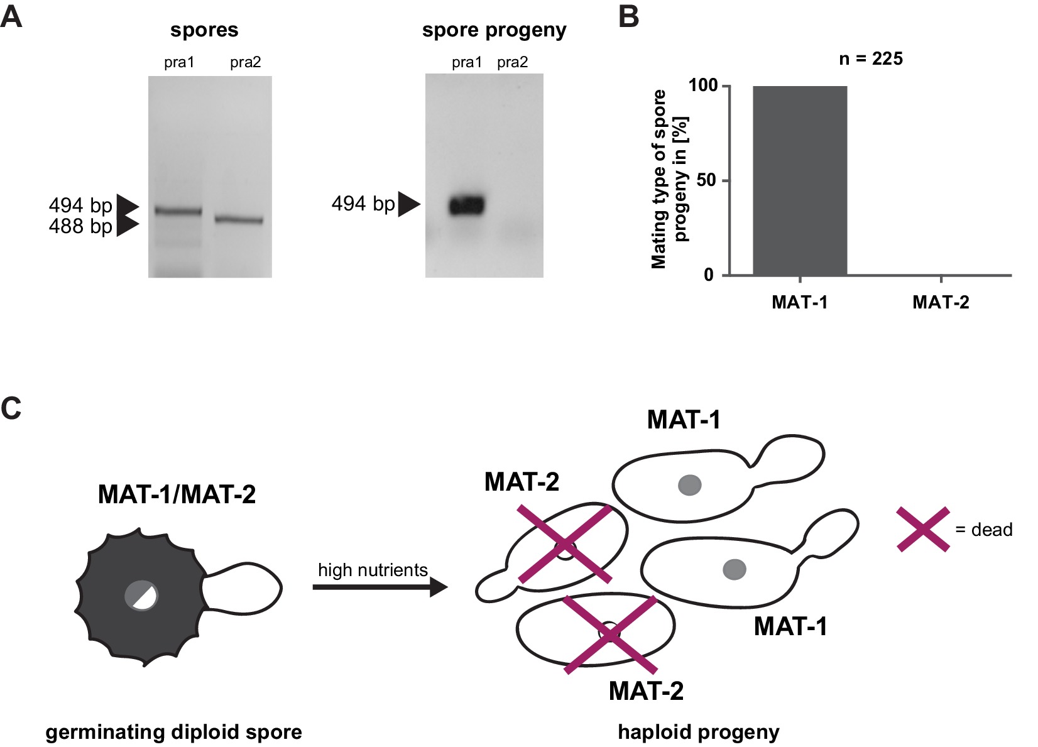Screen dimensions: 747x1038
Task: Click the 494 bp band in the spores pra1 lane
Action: [178, 212]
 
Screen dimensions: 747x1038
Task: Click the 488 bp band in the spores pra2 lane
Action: [239, 220]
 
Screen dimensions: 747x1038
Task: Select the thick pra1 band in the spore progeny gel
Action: [467, 205]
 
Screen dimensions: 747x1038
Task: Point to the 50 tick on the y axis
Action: [726, 180]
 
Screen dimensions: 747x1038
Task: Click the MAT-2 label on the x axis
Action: [940, 302]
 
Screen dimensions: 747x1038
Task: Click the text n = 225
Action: [870, 59]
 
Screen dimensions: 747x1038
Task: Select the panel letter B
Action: [628, 17]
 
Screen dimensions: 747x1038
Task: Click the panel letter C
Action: [11, 408]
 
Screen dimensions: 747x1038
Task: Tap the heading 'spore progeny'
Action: [494, 30]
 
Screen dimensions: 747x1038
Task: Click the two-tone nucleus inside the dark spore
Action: [141, 595]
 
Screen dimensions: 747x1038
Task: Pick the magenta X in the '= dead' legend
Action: [922, 530]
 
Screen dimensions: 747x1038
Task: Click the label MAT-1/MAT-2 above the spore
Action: [177, 494]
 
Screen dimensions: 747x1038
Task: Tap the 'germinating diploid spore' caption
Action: [173, 732]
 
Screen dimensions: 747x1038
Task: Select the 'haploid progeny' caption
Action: [698, 732]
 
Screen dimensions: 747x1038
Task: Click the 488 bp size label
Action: [80, 226]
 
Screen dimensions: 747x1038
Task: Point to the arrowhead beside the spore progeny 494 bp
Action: [408, 204]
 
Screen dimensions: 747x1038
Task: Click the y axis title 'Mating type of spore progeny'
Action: [669, 179]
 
